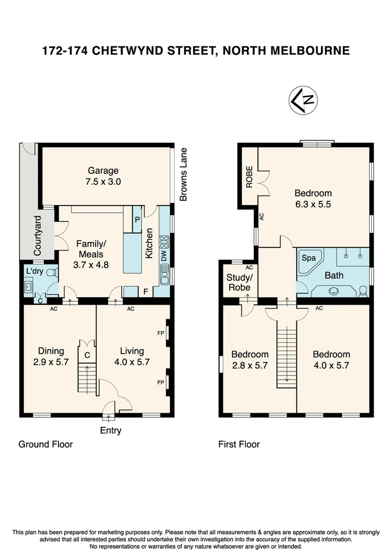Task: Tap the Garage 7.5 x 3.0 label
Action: click(103, 176)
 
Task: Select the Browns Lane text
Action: click(183, 174)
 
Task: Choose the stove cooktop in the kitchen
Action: click(164, 242)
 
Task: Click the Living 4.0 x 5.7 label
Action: click(132, 356)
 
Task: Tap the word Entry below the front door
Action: click(110, 430)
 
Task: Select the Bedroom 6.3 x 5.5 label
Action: click(313, 198)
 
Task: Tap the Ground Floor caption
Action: click(45, 444)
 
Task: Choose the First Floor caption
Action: click(239, 444)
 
